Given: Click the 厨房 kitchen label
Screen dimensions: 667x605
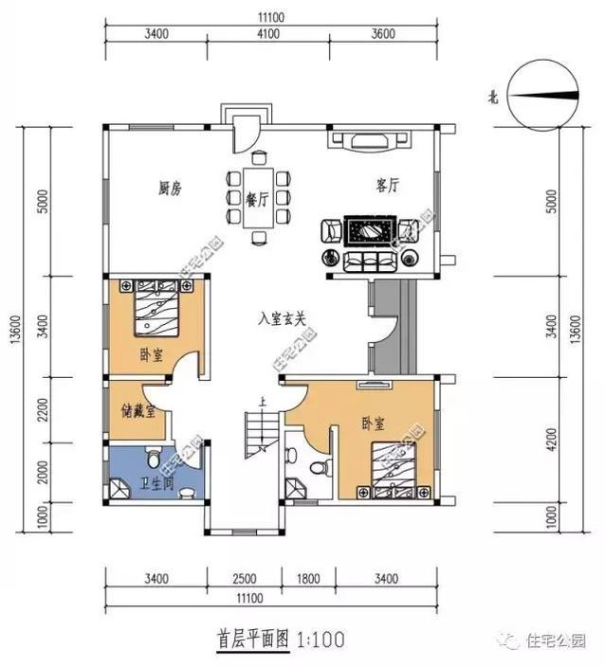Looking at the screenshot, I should (170, 188).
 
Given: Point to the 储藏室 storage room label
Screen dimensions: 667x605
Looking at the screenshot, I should (137, 414).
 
